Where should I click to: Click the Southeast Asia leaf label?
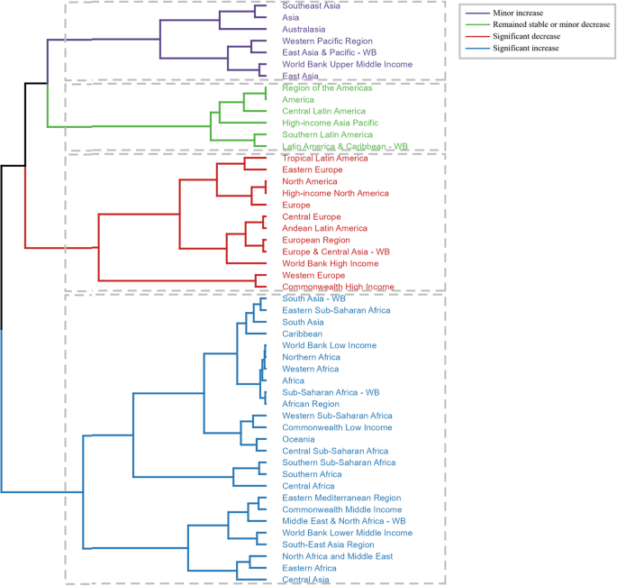(x=313, y=5)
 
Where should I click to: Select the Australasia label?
(x=307, y=29)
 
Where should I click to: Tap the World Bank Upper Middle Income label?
(x=347, y=64)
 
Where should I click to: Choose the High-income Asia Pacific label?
(x=330, y=123)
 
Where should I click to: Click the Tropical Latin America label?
(x=324, y=159)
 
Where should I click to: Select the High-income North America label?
(x=335, y=193)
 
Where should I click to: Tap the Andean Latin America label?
(x=324, y=228)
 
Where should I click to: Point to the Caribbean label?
(x=303, y=334)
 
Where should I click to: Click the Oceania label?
(x=300, y=439)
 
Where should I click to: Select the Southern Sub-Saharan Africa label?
(x=339, y=462)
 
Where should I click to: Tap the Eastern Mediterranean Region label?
(x=341, y=498)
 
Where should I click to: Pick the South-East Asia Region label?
(x=328, y=545)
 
